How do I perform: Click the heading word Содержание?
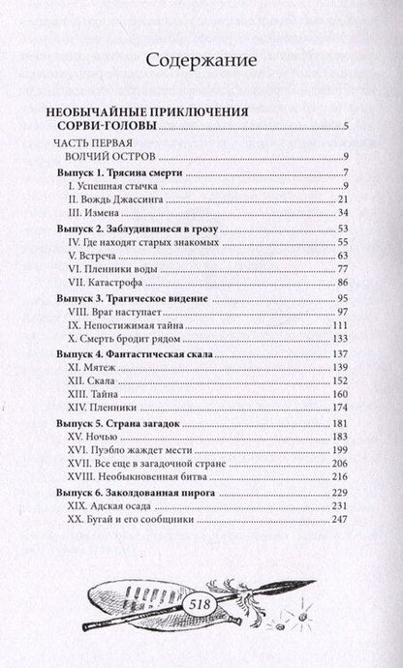click(x=201, y=61)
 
